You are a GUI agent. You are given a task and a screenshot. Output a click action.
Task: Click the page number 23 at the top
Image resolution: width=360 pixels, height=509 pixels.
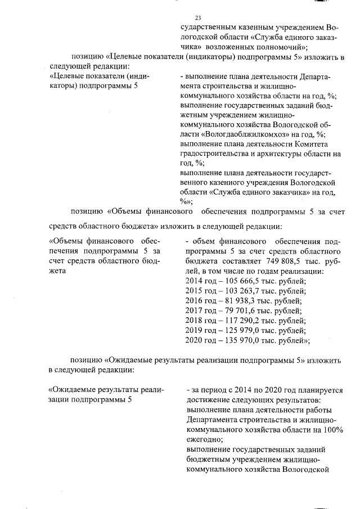pos(197,18)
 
